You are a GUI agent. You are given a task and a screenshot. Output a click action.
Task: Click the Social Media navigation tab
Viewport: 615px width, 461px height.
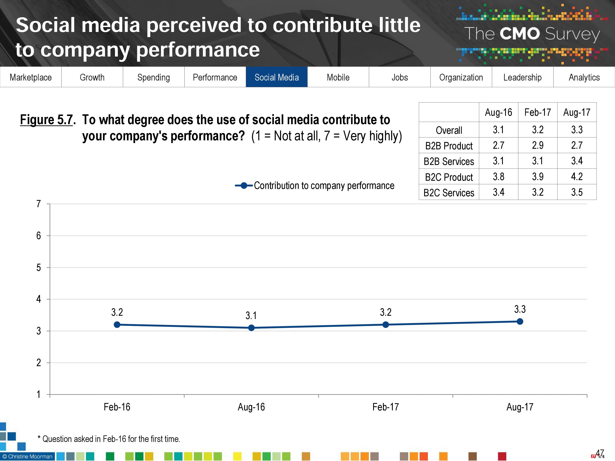277,77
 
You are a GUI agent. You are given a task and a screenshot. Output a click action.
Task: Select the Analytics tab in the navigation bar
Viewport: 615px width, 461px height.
584,77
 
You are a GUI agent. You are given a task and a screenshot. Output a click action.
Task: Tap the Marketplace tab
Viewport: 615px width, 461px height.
31,77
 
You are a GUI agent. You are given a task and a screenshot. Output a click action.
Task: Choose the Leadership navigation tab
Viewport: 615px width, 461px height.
522,77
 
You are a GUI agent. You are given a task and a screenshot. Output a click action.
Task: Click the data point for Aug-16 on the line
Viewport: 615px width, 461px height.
251,328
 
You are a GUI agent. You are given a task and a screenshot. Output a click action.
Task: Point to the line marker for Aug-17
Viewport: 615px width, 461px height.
520,321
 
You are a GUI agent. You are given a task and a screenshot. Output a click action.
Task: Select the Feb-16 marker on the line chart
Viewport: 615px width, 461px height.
117,325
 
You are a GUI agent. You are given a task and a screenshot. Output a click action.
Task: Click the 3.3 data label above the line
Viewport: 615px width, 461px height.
520,309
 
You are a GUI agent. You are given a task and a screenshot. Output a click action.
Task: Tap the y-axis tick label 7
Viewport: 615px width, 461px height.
39,204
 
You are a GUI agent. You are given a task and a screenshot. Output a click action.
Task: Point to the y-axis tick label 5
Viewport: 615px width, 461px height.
39,268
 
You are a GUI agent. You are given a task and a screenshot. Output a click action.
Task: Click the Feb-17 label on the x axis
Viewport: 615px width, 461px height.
386,407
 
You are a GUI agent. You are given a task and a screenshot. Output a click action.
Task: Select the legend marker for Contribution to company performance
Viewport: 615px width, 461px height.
244,186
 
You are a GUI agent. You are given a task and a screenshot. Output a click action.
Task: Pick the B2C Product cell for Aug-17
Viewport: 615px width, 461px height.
577,176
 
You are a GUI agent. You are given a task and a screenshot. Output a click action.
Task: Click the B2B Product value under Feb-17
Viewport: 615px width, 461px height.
538,145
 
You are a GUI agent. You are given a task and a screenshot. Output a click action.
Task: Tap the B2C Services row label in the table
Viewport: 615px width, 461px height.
449,193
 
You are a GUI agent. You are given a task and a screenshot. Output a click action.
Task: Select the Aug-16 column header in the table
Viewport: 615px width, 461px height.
498,112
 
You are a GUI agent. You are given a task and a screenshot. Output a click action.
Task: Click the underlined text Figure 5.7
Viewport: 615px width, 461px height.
46,120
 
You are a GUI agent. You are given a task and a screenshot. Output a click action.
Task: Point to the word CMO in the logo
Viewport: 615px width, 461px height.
520,34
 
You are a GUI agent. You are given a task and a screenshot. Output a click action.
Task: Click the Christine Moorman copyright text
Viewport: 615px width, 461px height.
27,456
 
